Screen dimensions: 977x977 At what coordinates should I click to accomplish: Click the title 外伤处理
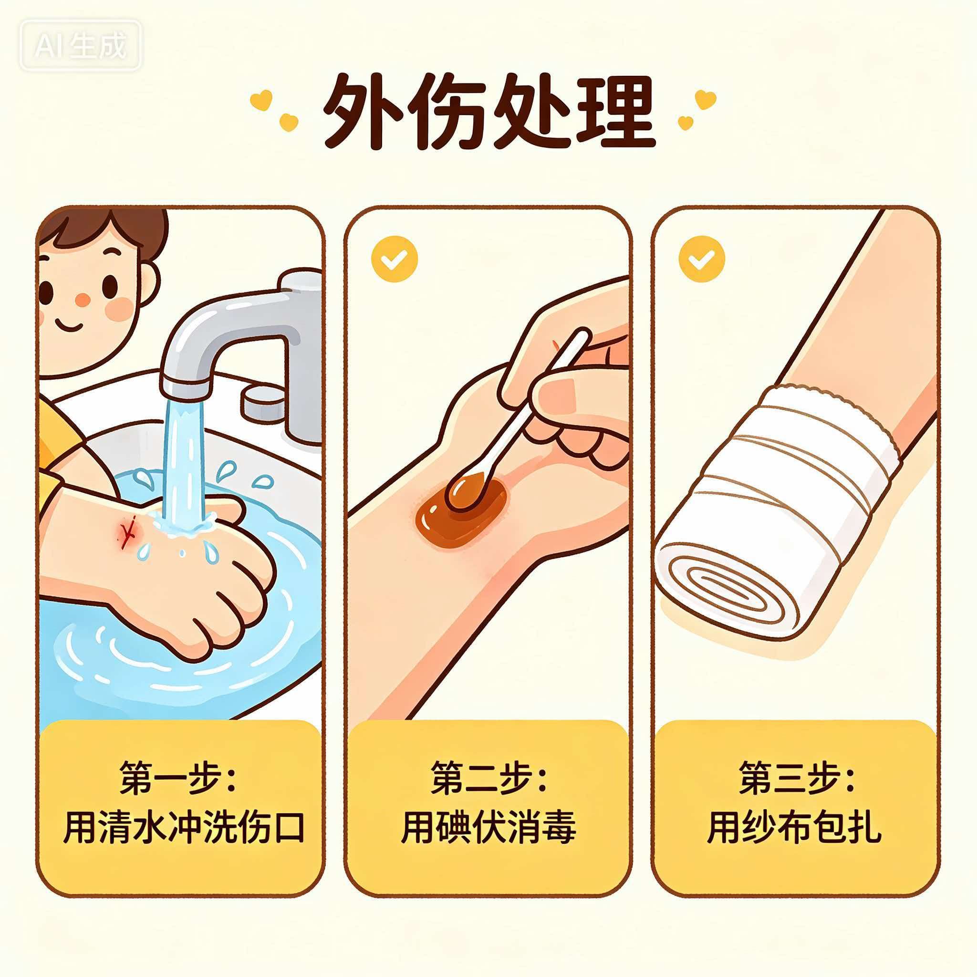coord(489,112)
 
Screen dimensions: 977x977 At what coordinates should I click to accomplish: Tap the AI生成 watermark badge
coord(81,45)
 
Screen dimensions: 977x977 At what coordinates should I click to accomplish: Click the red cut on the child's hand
coord(127,529)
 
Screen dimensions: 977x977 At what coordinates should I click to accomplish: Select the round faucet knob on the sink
coord(263,402)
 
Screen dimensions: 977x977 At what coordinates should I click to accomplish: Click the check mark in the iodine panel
coord(395,260)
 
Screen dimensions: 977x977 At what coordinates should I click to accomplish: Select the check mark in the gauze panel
coord(702,260)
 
